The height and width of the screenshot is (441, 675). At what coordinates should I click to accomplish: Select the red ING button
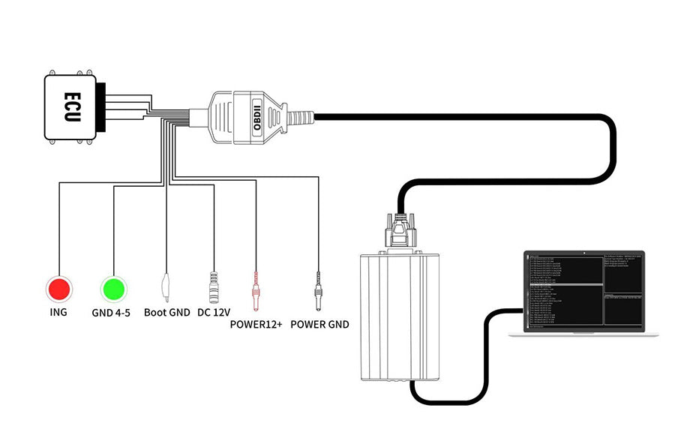coord(58,288)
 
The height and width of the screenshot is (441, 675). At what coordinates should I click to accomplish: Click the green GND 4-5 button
coord(113,288)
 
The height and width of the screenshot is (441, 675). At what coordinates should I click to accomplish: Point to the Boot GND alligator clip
coord(166,286)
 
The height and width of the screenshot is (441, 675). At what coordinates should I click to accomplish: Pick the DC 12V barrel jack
coord(214,286)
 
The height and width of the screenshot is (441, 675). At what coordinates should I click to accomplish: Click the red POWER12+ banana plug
coord(257,289)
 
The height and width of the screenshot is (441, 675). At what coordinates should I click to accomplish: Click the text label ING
coord(58,312)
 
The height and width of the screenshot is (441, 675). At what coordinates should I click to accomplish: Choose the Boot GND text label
coord(166,312)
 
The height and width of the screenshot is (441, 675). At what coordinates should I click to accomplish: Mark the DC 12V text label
coord(214,312)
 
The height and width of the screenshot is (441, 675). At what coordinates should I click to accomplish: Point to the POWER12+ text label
coord(257,325)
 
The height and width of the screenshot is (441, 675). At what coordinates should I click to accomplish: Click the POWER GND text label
coord(319,325)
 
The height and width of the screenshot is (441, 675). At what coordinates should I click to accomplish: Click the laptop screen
coord(583,290)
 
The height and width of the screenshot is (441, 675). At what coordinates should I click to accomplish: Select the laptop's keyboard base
coord(583,334)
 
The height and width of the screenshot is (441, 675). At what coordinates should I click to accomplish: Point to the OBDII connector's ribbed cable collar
coord(300,118)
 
